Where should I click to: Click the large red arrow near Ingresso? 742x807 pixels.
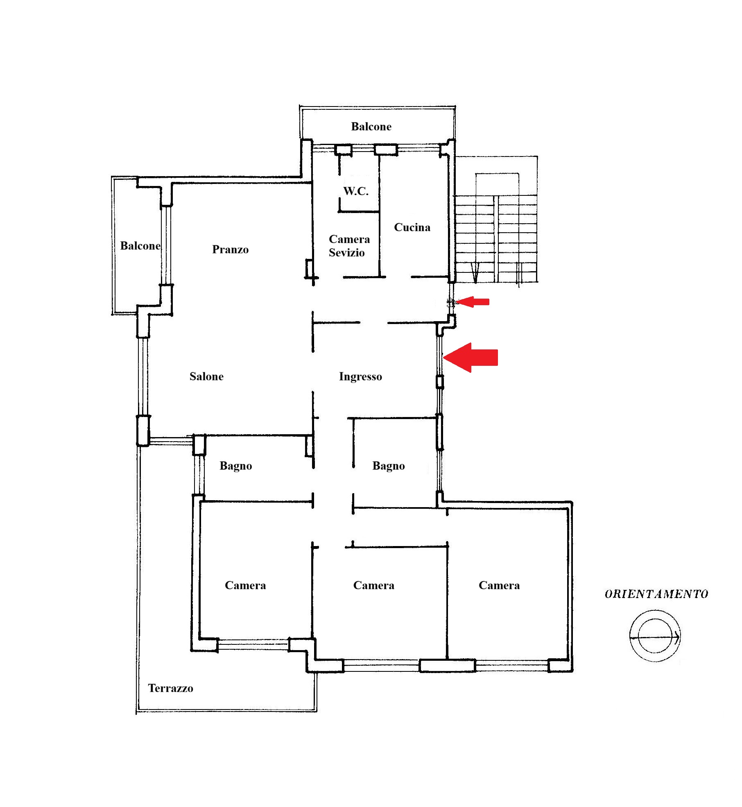[471, 357]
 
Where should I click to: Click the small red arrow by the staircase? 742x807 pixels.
[473, 302]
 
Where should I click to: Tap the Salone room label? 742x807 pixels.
[206, 376]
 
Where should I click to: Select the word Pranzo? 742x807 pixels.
[230, 249]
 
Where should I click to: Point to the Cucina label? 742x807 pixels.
[412, 227]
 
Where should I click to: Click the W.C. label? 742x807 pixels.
[356, 191]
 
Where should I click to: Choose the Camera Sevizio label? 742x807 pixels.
[349, 246]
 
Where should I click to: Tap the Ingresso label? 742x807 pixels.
[360, 377]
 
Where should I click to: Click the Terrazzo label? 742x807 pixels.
[170, 688]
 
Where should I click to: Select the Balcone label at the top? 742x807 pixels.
[371, 127]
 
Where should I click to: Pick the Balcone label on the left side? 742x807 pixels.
[140, 246]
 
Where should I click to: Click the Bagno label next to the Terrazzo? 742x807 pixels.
[235, 466]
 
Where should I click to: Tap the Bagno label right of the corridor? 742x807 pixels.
[389, 466]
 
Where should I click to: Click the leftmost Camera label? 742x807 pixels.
[245, 585]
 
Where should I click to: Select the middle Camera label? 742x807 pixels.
[373, 585]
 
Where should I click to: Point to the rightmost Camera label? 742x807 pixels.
[499, 585]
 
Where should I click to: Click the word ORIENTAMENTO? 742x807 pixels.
[656, 594]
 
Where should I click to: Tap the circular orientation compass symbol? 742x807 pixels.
[655, 636]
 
